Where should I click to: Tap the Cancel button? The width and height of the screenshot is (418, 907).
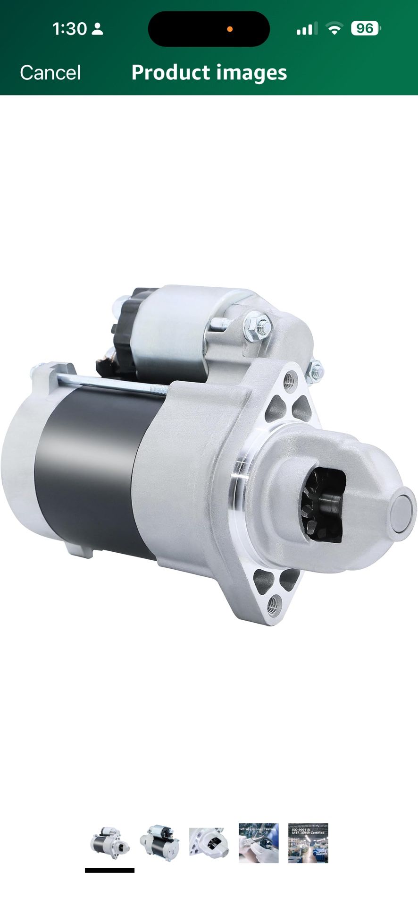pos(50,73)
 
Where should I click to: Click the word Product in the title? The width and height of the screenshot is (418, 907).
pos(170,73)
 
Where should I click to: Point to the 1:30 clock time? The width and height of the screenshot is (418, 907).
pos(69,29)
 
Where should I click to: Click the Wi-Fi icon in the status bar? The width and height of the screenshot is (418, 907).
pos(334,29)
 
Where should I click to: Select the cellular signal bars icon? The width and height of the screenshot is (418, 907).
pos(307,29)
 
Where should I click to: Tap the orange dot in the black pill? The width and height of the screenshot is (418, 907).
pos(230,29)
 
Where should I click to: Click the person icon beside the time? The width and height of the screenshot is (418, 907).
pos(97,29)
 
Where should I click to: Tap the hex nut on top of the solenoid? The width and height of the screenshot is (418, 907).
pos(258,325)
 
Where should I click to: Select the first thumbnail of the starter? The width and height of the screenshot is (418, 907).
pos(110,843)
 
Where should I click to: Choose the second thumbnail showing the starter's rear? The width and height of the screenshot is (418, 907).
pos(159,843)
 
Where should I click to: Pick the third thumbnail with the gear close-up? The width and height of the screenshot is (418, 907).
pos(209,843)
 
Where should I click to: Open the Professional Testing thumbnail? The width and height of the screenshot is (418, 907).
pos(259,843)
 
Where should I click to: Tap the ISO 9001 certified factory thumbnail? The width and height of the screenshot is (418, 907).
pos(308,843)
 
